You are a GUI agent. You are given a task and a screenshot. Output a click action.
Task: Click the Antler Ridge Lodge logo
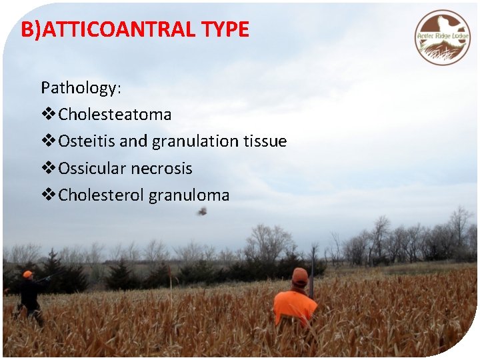point(443,37)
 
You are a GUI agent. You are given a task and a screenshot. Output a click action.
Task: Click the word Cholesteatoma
point(115,115)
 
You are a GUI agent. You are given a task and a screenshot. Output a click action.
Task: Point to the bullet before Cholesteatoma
point(48,115)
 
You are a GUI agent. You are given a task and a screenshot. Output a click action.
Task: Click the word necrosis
point(161,169)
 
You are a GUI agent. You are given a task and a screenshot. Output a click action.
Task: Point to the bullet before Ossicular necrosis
point(48,169)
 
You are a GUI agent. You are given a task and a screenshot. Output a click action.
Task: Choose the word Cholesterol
point(101,195)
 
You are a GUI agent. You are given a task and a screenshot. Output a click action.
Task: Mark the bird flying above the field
point(201,211)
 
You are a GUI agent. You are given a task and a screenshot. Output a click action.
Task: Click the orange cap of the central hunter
point(300,275)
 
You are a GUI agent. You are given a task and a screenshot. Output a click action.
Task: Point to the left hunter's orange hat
point(27,274)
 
